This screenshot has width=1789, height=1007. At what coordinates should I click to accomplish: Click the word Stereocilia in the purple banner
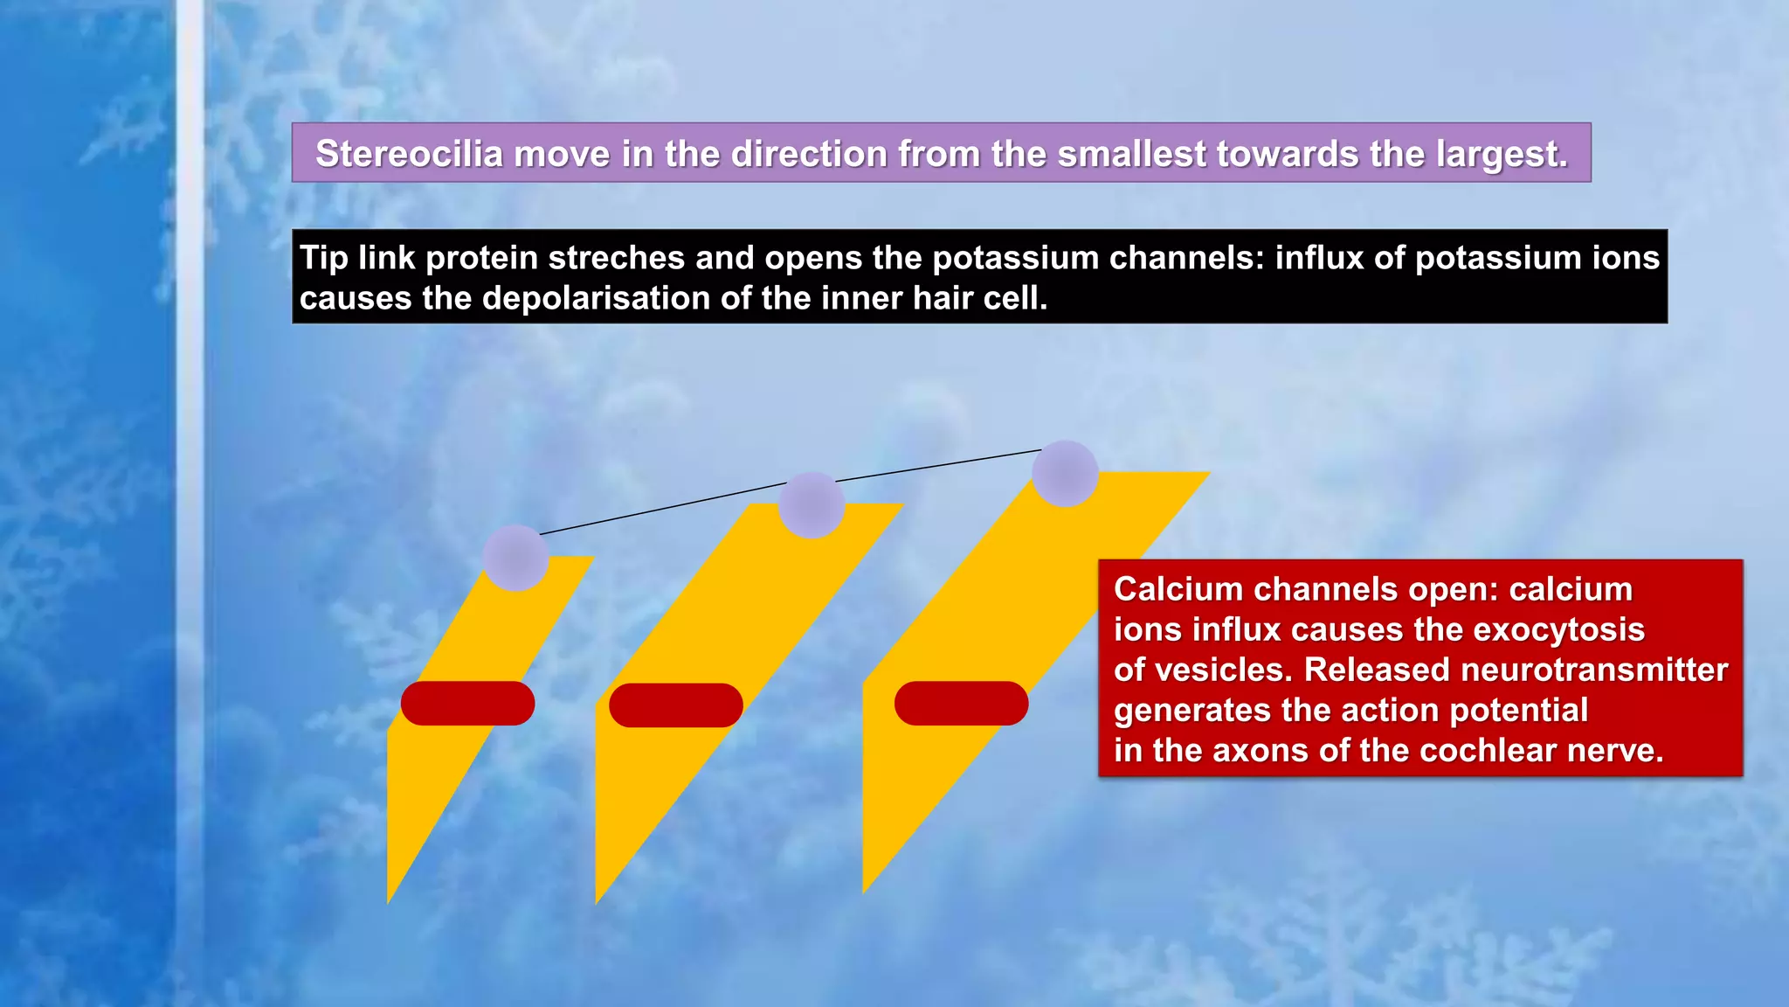click(409, 154)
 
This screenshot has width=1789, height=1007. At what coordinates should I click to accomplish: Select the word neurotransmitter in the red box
click(1594, 670)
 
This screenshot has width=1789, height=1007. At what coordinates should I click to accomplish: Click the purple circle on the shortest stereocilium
click(515, 558)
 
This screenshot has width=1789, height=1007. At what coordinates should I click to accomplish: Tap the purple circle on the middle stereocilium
click(812, 505)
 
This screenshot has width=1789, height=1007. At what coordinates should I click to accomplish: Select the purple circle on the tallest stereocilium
click(1065, 474)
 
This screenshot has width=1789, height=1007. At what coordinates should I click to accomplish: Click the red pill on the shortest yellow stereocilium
click(467, 704)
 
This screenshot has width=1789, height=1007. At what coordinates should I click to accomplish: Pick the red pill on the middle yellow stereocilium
click(675, 705)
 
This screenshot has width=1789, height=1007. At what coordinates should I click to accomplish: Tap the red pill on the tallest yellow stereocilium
click(961, 704)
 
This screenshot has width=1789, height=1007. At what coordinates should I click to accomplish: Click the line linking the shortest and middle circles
click(664, 507)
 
